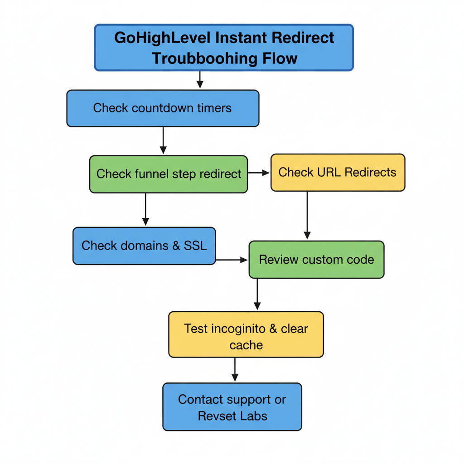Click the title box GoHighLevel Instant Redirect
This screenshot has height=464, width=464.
pyautogui.click(x=224, y=48)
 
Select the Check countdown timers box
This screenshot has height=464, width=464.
pyautogui.click(x=163, y=108)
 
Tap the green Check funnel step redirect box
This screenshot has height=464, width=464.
pyautogui.click(x=169, y=174)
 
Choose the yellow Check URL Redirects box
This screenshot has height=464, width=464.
pyautogui.click(x=338, y=173)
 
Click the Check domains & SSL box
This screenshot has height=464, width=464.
pyautogui.click(x=144, y=246)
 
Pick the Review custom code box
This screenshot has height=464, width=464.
pyautogui.click(x=316, y=260)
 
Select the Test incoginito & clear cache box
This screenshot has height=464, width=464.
pyautogui.click(x=246, y=335)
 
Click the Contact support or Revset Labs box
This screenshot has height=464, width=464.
pyautogui.click(x=232, y=407)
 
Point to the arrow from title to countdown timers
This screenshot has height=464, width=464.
pyautogui.click(x=200, y=80)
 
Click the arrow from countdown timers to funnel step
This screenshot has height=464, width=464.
pyautogui.click(x=164, y=140)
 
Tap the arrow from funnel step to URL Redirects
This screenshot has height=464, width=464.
pyautogui.click(x=259, y=173)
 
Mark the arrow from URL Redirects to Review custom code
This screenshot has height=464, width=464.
pyautogui.click(x=307, y=215)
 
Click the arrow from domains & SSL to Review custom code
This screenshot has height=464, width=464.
pyautogui.click(x=232, y=260)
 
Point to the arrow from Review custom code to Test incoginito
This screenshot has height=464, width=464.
pyautogui.click(x=257, y=294)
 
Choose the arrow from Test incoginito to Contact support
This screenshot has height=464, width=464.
pyautogui.click(x=235, y=369)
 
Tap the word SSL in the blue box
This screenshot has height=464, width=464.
pyautogui.click(x=195, y=246)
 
